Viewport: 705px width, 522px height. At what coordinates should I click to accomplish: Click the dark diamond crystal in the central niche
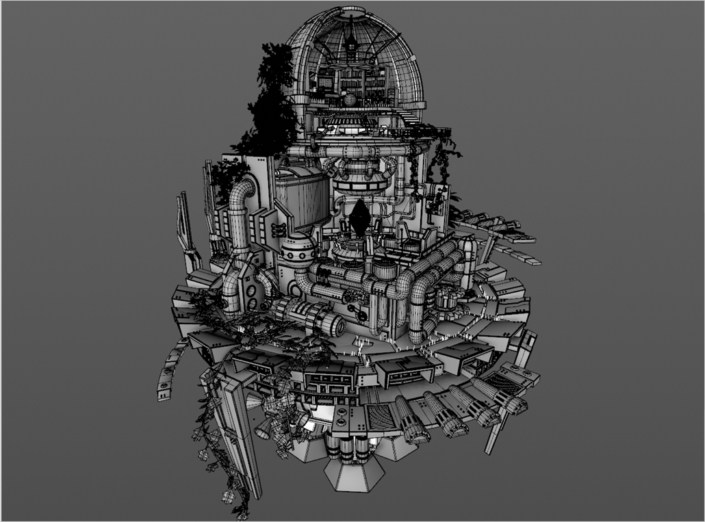[x=358, y=214]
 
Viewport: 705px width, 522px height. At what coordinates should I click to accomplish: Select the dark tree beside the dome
[x=271, y=100]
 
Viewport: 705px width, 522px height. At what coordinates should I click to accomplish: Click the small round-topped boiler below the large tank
[x=295, y=249]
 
